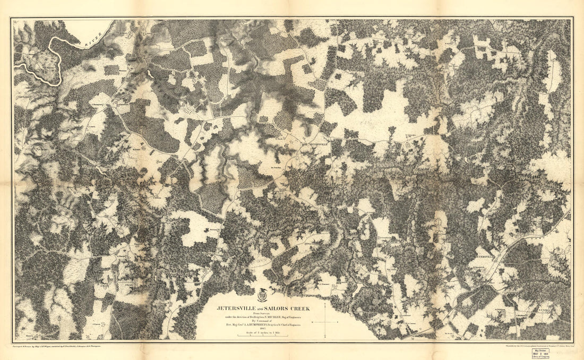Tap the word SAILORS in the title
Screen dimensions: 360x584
[275, 307]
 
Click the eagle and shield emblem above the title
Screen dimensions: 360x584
[262, 295]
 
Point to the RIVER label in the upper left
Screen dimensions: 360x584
[95, 32]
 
